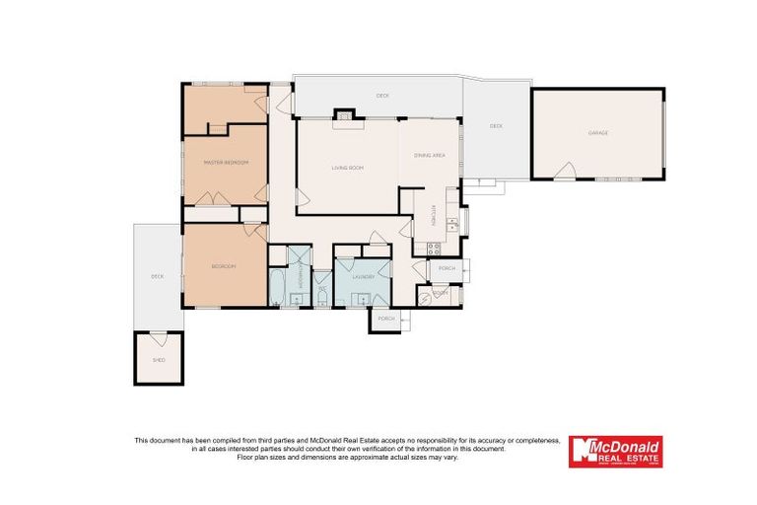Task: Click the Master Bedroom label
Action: pos(225,162)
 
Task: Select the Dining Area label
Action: pos(430,156)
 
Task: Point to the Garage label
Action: pos(598,132)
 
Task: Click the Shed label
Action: pos(159,360)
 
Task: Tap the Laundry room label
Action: pos(363,277)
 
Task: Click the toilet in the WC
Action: pos(322,298)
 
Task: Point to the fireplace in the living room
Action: pos(344,116)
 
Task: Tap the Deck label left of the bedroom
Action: pos(157,276)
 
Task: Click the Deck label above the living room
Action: pos(380,96)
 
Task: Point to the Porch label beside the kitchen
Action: pos(447,267)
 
